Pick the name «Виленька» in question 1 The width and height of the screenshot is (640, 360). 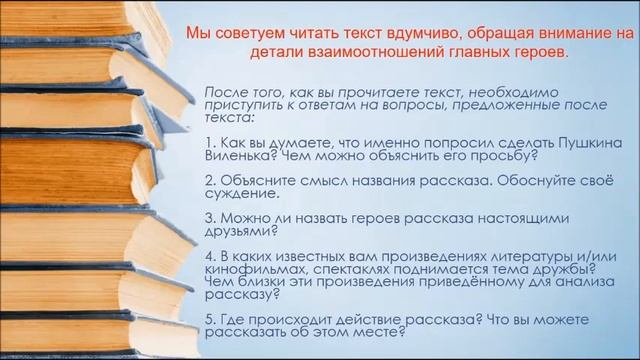click(x=237, y=156)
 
